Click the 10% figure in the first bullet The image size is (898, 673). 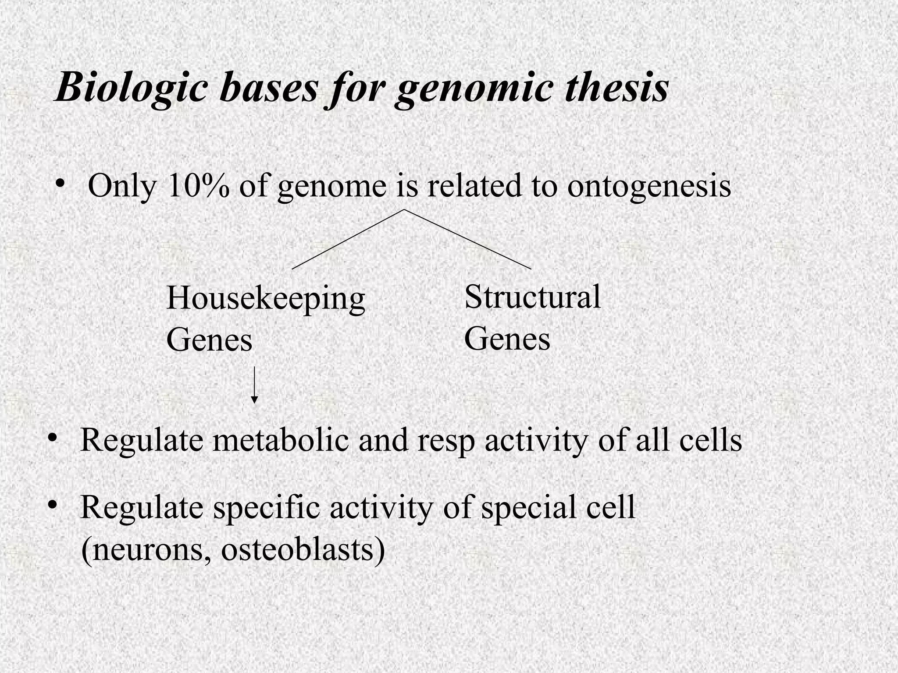click(x=198, y=186)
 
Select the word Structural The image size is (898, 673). click(x=532, y=297)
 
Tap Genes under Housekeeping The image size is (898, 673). click(x=209, y=340)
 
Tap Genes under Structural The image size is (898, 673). click(x=507, y=339)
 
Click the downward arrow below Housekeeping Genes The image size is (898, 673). click(x=254, y=386)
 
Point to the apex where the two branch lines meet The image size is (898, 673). click(x=404, y=210)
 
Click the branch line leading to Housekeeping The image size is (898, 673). click(x=348, y=239)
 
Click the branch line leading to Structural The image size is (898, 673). click(x=467, y=239)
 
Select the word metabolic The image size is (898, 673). click(x=281, y=440)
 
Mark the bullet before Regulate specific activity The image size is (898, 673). click(x=53, y=505)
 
